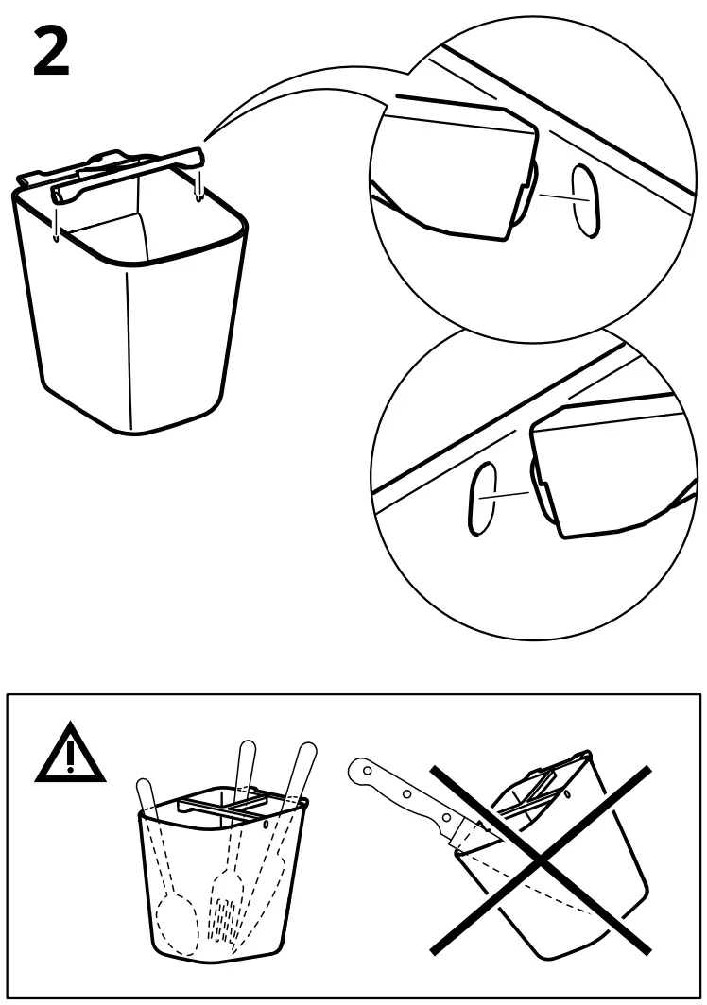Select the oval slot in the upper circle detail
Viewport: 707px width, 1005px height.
pyautogui.click(x=585, y=202)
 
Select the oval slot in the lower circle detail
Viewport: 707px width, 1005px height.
pyautogui.click(x=481, y=498)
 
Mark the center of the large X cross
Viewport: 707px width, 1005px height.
pyautogui.click(x=540, y=859)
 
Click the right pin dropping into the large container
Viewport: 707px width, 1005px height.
pyautogui.click(x=198, y=184)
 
